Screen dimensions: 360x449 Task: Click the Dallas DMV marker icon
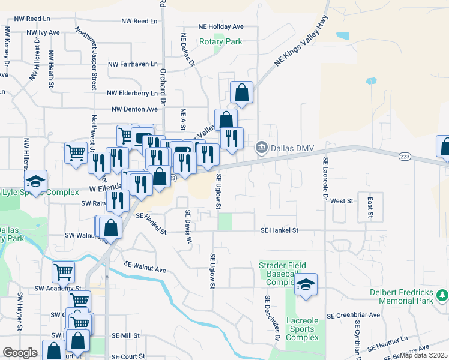pos(262,146)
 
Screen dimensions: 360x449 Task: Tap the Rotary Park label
pos(220,42)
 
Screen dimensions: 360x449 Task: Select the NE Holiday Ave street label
pos(221,26)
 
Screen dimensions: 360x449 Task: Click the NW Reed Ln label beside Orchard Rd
pos(139,21)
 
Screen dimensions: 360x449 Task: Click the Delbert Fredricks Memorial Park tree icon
pos(442,295)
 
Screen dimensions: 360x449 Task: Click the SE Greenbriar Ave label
pos(353,315)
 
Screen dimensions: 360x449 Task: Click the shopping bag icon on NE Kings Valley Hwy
pos(241,93)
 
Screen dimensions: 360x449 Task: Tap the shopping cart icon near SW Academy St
pos(63,272)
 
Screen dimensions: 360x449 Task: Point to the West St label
pos(340,201)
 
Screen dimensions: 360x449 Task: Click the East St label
pos(370,206)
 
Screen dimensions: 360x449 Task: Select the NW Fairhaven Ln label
pos(132,64)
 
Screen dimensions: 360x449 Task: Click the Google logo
pos(19,353)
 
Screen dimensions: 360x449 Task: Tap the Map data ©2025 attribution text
pos(423,355)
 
